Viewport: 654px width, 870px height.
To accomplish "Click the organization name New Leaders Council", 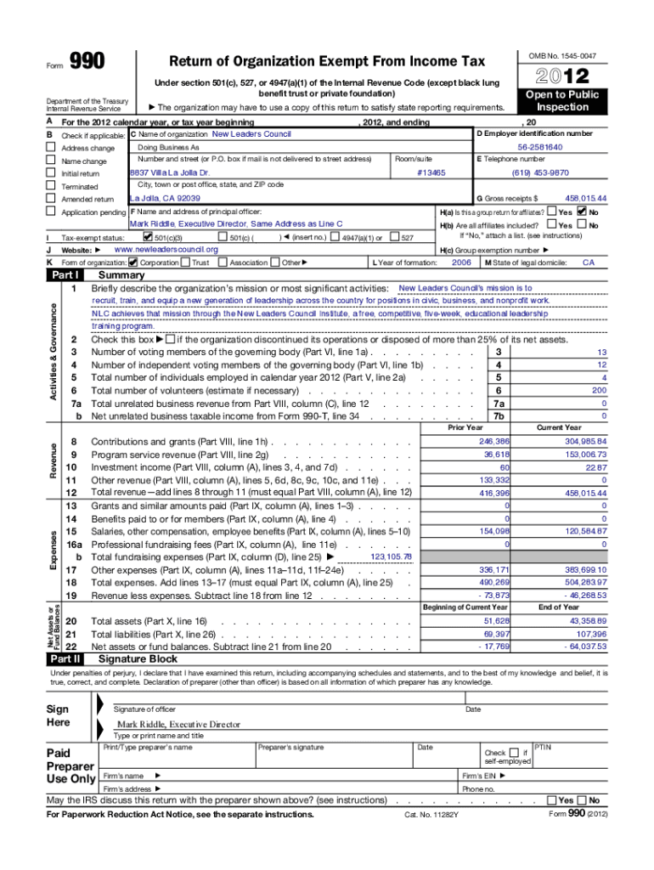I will (x=251, y=134).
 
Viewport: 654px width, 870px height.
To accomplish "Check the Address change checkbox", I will (x=50, y=148).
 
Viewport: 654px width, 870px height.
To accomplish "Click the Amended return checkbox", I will (x=50, y=199).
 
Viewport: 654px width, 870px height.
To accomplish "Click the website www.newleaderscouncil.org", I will (x=166, y=250).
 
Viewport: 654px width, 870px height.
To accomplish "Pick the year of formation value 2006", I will (x=461, y=263).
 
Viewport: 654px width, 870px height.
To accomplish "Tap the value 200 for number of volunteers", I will (x=600, y=390).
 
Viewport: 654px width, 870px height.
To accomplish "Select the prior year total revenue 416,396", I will (x=494, y=493).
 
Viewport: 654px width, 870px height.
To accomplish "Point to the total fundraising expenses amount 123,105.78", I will (x=392, y=556).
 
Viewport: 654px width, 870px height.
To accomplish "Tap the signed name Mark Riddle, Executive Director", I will (x=178, y=724).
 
